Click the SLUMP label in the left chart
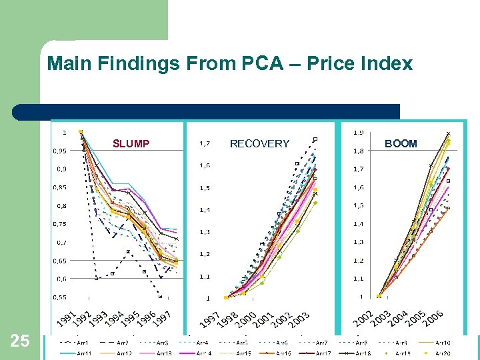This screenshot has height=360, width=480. click(131, 143)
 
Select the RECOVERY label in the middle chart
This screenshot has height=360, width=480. click(259, 143)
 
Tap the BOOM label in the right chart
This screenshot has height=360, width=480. click(401, 143)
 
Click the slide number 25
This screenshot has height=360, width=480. click(20, 341)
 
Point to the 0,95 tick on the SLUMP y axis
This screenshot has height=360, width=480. click(59, 151)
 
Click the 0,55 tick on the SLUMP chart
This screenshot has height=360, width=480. click(59, 297)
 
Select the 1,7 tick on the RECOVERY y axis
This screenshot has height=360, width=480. click(206, 143)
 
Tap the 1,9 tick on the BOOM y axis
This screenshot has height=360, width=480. click(358, 132)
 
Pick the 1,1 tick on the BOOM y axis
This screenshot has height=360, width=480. click(358, 279)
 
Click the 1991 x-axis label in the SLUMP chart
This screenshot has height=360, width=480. click(64, 319)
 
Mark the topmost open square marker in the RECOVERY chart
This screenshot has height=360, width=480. click(315, 139)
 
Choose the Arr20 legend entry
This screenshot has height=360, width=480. click(443, 353)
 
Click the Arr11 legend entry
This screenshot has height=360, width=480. click(84, 353)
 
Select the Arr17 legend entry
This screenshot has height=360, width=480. click(323, 353)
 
